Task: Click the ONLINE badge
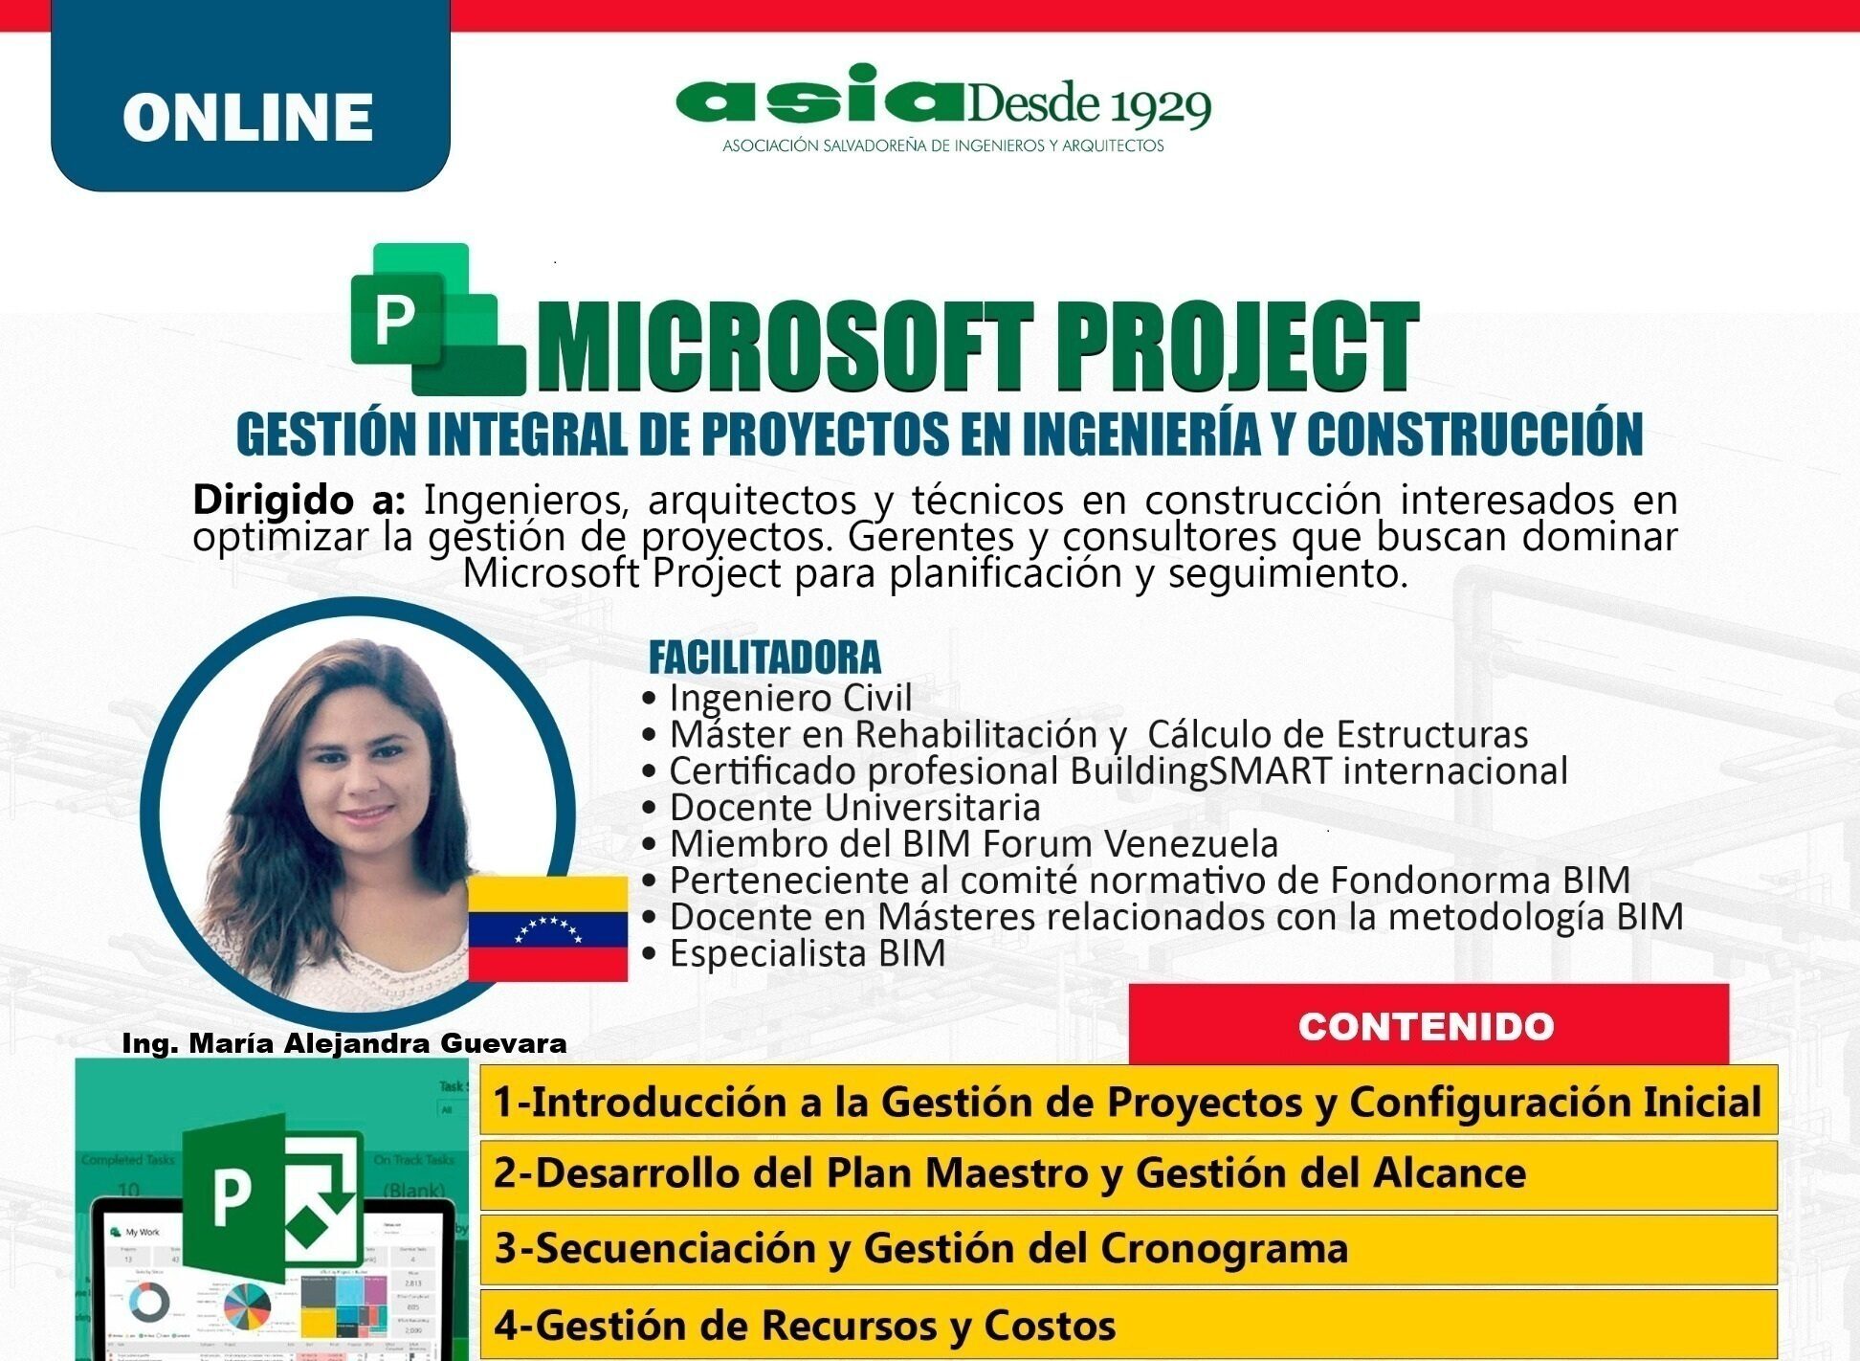click(249, 115)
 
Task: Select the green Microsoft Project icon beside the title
click(435, 320)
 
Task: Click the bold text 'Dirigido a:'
click(299, 500)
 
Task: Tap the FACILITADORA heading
click(764, 658)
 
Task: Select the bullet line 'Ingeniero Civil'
click(789, 698)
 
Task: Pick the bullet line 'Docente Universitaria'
click(853, 807)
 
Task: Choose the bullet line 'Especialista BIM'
click(807, 953)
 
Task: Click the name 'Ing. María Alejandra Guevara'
click(344, 1043)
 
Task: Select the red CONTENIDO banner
click(1428, 1025)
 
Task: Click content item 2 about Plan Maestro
click(1009, 1173)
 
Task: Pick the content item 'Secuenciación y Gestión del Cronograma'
click(921, 1248)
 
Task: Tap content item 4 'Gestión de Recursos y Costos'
click(805, 1326)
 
